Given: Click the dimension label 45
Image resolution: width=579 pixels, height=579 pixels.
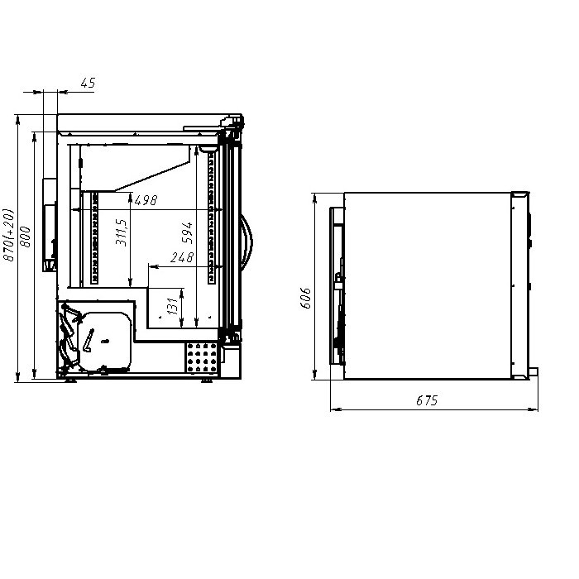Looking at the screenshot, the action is pyautogui.click(x=88, y=83).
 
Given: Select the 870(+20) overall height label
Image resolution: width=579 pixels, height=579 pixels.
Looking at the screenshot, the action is pyautogui.click(x=9, y=235).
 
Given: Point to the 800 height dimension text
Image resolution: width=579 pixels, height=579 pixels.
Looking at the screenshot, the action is pyautogui.click(x=26, y=237).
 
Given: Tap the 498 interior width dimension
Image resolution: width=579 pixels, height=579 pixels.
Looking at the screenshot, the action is pyautogui.click(x=146, y=200).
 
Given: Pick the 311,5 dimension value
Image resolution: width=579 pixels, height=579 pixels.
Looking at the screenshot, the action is pyautogui.click(x=121, y=232).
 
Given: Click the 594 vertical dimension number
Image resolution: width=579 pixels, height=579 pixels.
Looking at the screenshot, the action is pyautogui.click(x=187, y=232).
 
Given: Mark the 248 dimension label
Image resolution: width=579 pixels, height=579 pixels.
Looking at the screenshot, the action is pyautogui.click(x=182, y=257).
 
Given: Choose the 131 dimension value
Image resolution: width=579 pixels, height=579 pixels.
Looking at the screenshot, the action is pyautogui.click(x=172, y=306).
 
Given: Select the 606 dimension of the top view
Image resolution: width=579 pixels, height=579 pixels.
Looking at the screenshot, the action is pyautogui.click(x=306, y=298).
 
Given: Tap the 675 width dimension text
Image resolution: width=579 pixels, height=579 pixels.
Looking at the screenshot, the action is pyautogui.click(x=427, y=400).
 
